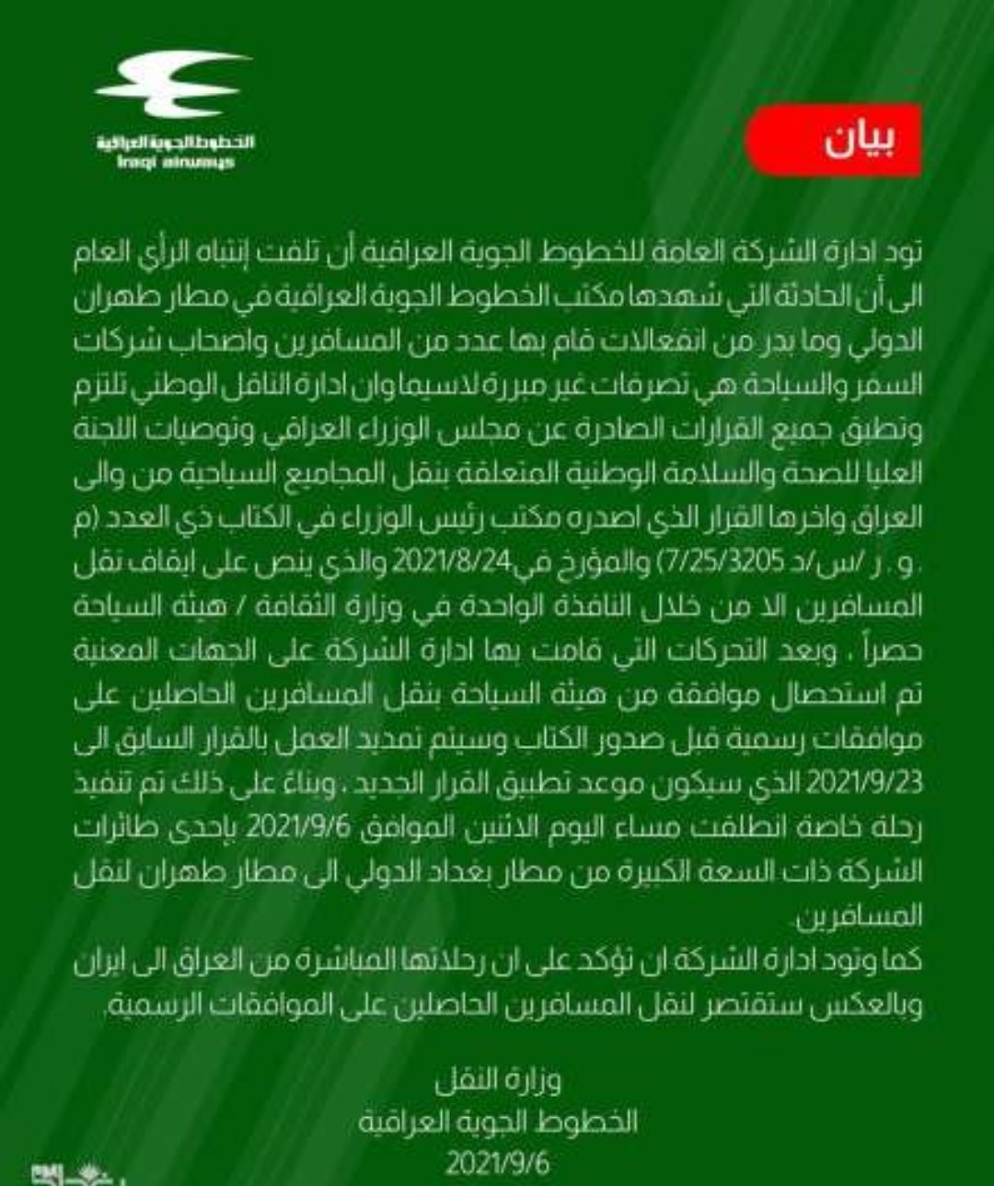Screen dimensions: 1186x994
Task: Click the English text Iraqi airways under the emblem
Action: click(x=176, y=163)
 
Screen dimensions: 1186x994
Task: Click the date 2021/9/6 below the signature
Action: click(x=497, y=1163)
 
